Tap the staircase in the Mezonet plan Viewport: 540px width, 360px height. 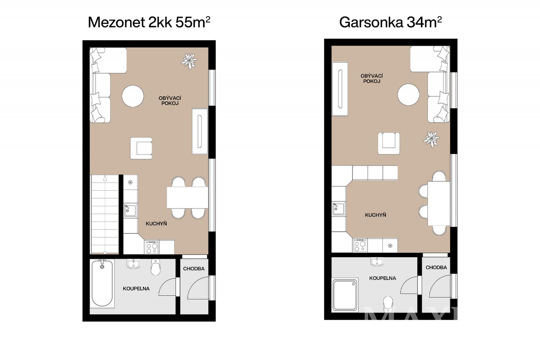coord(105,214)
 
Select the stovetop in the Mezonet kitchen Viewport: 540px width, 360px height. coord(152,247)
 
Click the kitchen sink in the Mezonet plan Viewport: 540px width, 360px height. coord(130,210)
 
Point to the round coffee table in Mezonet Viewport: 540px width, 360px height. coord(133,96)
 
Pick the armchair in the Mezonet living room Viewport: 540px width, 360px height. coord(141,148)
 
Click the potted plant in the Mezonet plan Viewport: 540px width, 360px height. coord(189,61)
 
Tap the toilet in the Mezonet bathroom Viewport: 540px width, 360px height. coord(156,267)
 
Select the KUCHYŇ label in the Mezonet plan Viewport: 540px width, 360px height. coord(156,224)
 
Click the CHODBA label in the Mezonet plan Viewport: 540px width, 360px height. coord(194,268)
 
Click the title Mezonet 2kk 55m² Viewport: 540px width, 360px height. coord(149,22)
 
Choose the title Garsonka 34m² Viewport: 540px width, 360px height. coord(390,22)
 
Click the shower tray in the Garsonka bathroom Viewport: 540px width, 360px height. coord(345,295)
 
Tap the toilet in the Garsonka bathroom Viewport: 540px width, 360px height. coord(388,304)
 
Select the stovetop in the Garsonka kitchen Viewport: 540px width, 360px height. coord(360,246)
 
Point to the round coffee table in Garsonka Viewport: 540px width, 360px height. coord(408,94)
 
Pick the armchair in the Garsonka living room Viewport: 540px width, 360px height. coord(388,143)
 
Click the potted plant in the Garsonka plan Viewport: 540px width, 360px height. coord(431,139)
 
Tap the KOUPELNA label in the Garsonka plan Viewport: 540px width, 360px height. coord(383,278)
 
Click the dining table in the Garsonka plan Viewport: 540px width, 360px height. coord(439,203)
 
